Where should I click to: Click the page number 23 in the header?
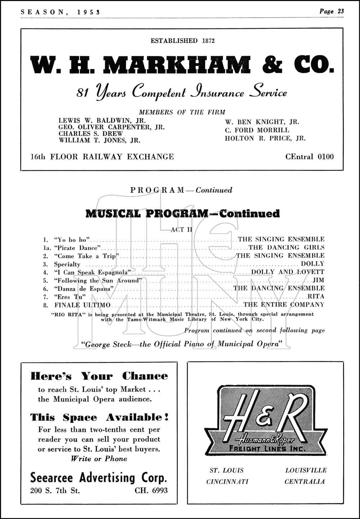(x=340, y=11)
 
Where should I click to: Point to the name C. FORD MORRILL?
(x=257, y=130)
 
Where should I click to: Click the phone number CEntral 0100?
(x=309, y=156)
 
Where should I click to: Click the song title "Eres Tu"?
(x=70, y=297)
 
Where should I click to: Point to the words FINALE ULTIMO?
(x=82, y=305)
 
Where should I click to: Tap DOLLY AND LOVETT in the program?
(x=288, y=272)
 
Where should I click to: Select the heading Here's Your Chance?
(x=99, y=376)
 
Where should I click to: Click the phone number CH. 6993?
(x=151, y=490)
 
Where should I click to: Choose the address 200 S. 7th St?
(x=55, y=490)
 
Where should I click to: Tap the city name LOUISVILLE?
(x=306, y=470)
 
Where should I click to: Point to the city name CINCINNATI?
(x=227, y=482)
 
